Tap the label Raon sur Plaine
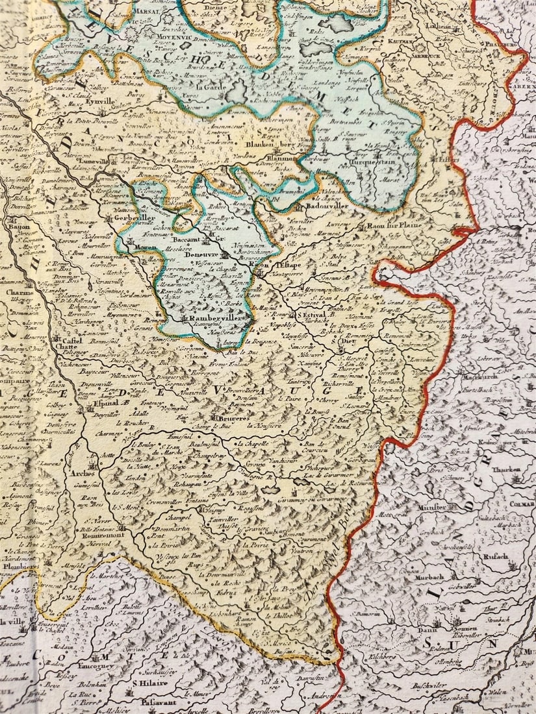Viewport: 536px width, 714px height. [x=394, y=226]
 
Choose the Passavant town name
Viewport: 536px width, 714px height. [x=154, y=702]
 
